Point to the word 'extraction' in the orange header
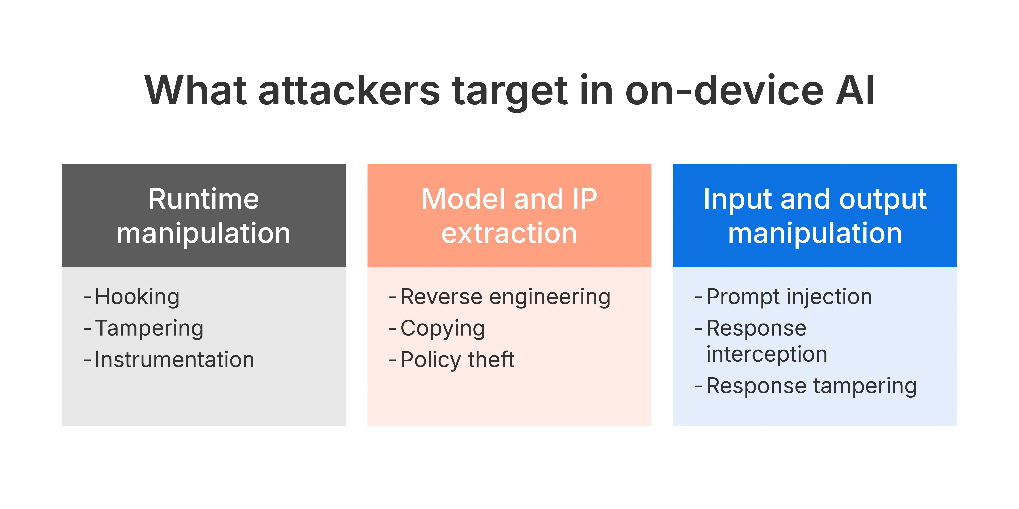[509, 233]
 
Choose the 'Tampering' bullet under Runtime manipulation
[149, 328]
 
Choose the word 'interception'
[767, 354]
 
